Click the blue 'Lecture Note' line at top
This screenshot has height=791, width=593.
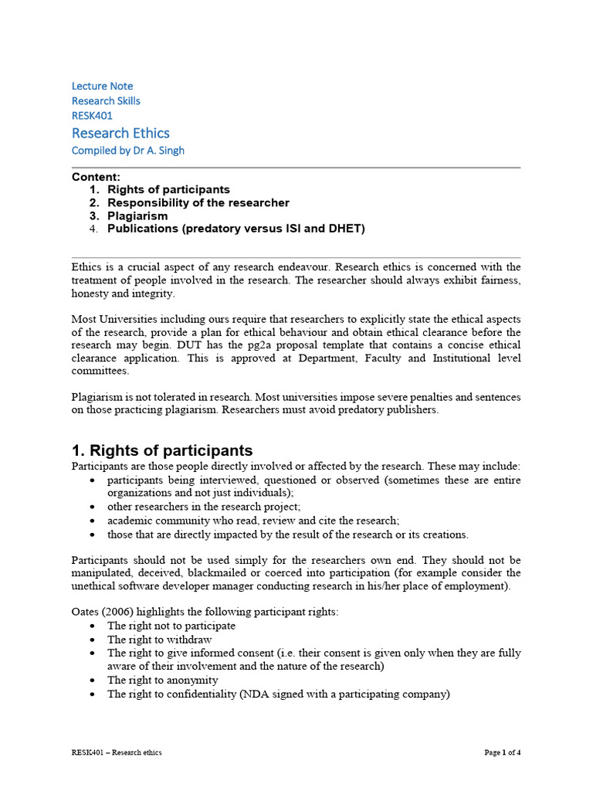tap(102, 86)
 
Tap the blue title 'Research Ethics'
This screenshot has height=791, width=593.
tap(120, 133)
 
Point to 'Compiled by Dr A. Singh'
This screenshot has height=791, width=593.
tap(128, 151)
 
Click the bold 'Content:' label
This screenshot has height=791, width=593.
tap(96, 177)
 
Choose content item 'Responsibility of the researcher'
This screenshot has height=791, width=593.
tap(198, 202)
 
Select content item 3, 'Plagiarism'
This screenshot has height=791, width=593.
tap(137, 216)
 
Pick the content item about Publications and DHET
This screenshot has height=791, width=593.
tap(236, 229)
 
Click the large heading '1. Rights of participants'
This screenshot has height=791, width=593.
tap(161, 450)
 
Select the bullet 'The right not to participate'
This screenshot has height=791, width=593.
tap(171, 626)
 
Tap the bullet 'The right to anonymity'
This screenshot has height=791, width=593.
tap(162, 680)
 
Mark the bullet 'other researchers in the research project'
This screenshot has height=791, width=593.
tap(204, 507)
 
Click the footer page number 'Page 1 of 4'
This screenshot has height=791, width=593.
tap(503, 752)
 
